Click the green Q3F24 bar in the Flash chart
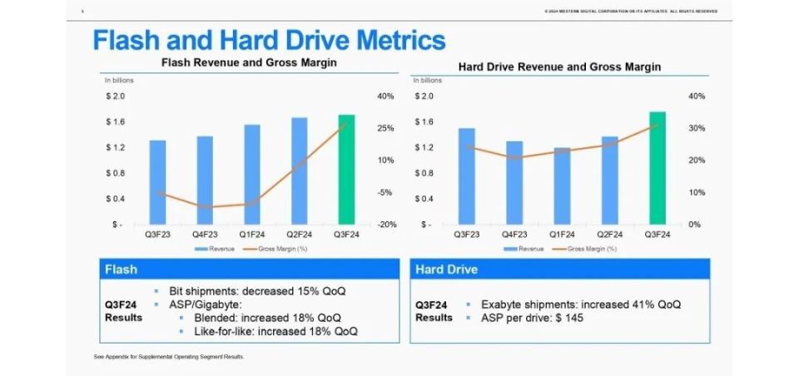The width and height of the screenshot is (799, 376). click(346, 170)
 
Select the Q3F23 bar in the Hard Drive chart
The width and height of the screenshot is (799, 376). click(466, 176)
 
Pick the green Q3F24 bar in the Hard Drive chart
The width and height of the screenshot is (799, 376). click(657, 168)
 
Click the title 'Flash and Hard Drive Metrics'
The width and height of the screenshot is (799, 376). click(269, 40)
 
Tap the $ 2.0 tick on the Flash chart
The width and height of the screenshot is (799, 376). click(115, 96)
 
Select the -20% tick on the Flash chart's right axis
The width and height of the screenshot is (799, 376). click(385, 225)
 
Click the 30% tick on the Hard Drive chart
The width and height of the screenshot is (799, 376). click(696, 129)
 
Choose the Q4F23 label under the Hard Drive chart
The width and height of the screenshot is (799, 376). click(514, 235)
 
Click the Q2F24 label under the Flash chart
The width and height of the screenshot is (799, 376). click(299, 235)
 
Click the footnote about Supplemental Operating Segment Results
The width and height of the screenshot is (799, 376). click(169, 357)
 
